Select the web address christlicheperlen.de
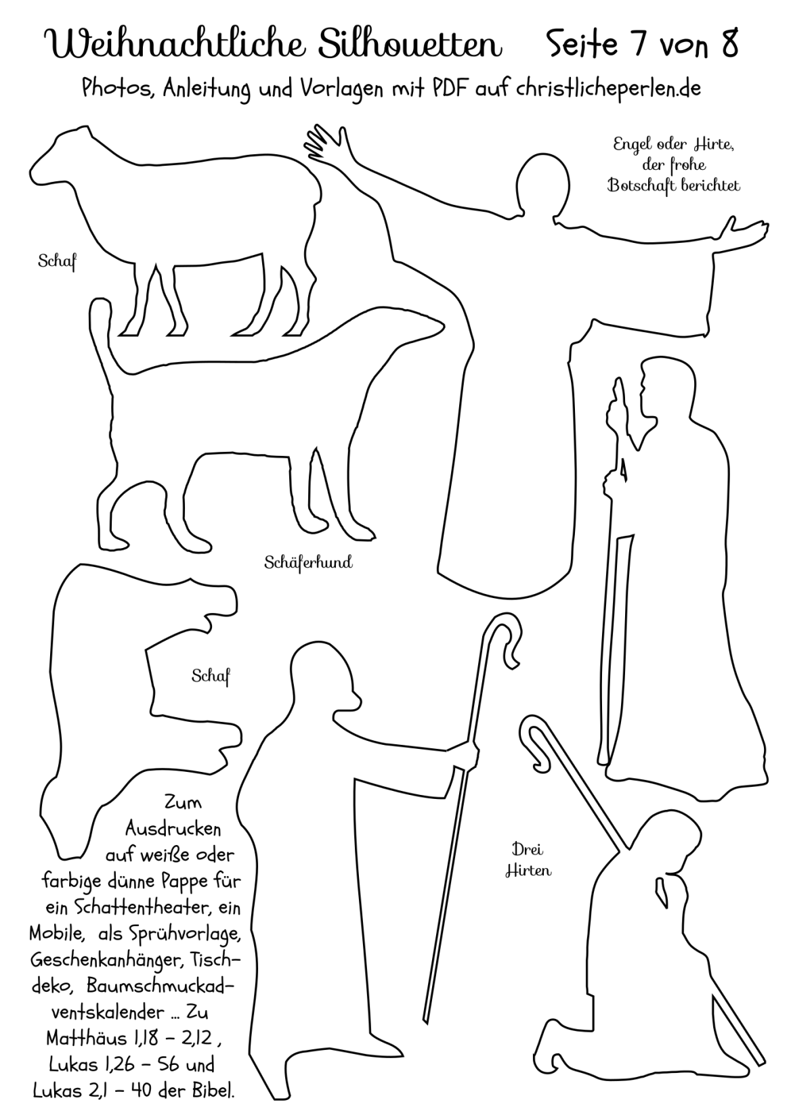click(x=608, y=88)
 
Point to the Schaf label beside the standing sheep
click(x=57, y=261)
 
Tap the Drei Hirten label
click(x=528, y=860)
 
